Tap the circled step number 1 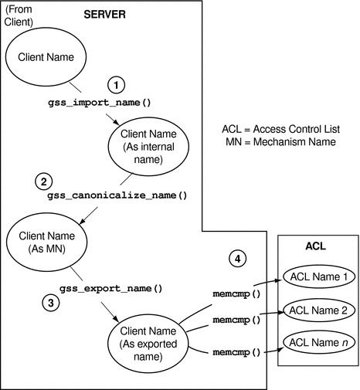(115, 84)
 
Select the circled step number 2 (44, 181)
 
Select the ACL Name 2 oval (318, 310)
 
